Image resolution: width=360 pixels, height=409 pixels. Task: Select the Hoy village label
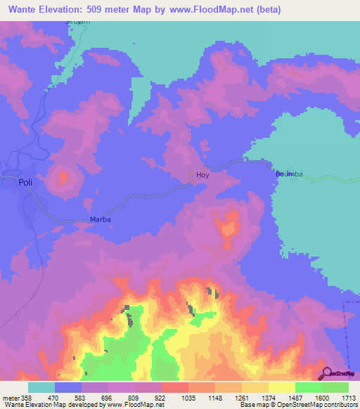202,175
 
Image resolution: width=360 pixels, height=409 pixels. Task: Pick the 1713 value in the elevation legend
347,398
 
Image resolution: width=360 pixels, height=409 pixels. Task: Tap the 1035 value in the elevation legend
188,398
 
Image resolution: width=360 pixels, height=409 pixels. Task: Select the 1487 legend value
295,398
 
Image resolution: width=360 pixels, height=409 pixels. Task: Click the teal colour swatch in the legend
41,387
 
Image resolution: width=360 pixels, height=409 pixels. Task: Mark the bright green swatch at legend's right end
335,387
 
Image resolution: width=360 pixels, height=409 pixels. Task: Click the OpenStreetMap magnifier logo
326,373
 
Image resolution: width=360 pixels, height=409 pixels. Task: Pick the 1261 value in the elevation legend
241,398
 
